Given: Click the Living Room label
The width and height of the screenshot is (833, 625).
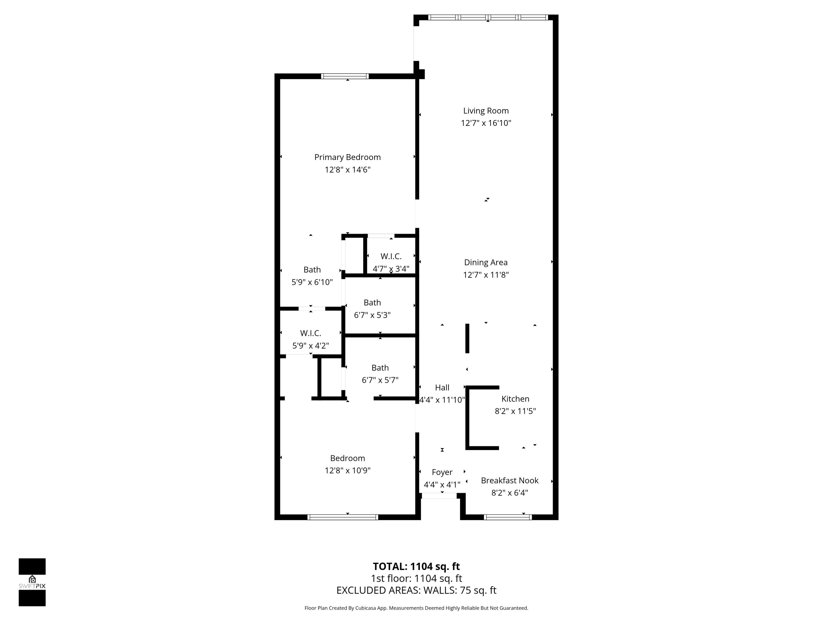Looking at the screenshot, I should click(486, 111).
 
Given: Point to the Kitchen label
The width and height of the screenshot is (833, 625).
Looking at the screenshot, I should click(515, 399).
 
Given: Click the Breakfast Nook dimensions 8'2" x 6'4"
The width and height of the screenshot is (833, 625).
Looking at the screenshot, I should click(509, 493).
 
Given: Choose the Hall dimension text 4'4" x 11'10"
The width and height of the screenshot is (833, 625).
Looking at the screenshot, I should click(442, 400).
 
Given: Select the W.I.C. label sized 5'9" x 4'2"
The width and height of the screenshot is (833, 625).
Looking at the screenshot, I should click(310, 333).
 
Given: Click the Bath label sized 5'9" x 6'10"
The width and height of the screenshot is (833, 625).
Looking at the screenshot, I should click(312, 270).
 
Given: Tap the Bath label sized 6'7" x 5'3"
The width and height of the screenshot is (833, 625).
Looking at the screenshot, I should click(372, 303).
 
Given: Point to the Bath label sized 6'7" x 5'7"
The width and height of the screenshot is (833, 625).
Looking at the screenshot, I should click(380, 368).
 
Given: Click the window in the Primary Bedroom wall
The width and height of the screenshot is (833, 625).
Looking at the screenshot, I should click(345, 76).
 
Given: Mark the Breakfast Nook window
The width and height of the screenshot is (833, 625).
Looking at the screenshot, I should click(507, 517).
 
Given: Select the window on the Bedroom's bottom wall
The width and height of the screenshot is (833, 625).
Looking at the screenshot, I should click(342, 517).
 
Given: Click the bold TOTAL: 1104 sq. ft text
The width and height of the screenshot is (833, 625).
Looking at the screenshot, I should click(416, 567).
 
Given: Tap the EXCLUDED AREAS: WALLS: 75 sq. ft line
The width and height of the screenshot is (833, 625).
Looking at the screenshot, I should click(416, 590).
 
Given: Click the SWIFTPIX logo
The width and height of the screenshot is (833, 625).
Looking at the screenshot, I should click(32, 582).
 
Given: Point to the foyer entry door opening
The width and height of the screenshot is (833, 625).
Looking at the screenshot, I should click(439, 496).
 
